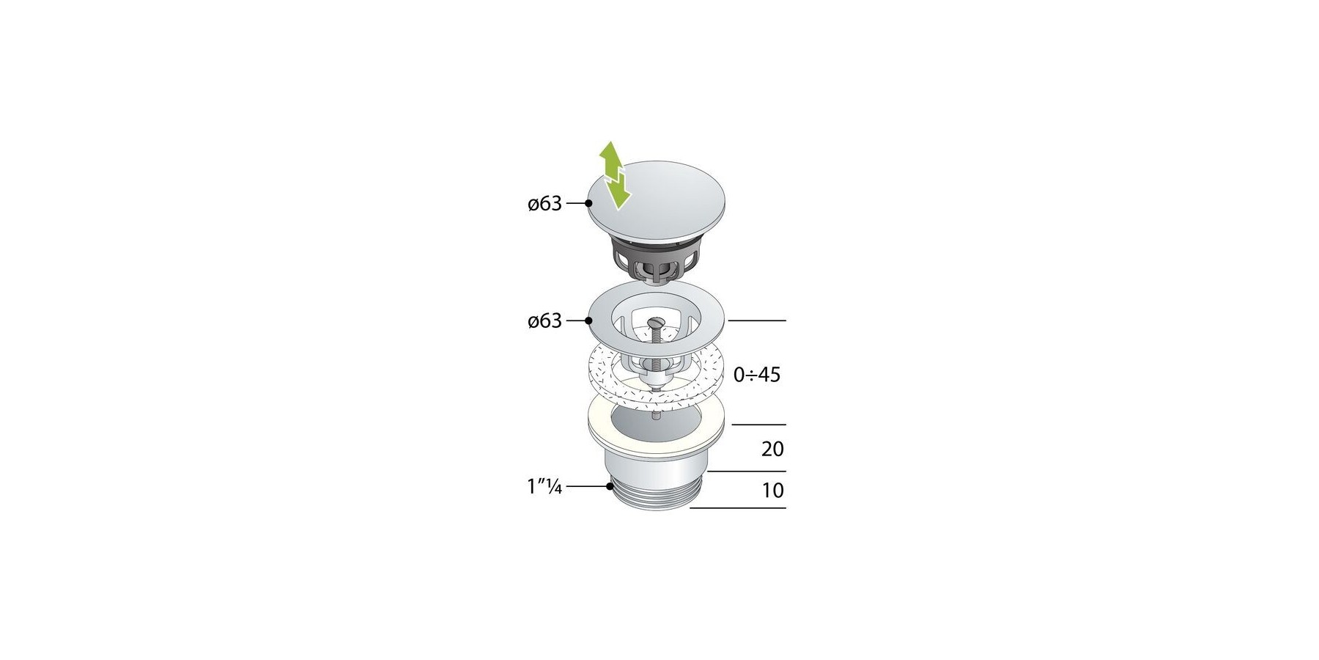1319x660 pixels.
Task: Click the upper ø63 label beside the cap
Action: tap(544, 203)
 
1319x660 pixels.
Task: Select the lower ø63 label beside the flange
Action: tap(544, 320)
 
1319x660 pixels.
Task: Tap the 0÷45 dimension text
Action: tap(757, 375)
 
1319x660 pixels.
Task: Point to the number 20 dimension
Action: tap(772, 449)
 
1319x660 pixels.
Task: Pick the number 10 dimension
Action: tap(772, 490)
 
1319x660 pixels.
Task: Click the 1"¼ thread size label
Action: tap(544, 486)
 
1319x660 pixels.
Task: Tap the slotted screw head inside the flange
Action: tap(657, 322)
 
